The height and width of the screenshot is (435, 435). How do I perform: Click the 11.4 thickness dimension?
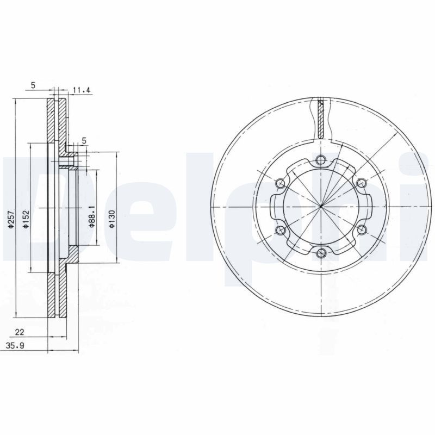click(x=81, y=90)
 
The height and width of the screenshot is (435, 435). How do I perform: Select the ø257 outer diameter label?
click(x=10, y=219)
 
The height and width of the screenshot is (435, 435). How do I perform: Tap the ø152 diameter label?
click(x=26, y=219)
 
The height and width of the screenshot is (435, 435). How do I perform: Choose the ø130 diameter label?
click(x=112, y=219)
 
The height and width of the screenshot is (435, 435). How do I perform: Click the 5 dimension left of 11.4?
click(x=33, y=85)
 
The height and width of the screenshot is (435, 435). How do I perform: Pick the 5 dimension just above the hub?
click(x=84, y=141)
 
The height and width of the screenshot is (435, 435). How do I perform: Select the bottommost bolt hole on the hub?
click(x=321, y=252)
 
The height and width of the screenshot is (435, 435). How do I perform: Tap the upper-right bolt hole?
click(x=361, y=183)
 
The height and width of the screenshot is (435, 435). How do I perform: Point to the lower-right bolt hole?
click(x=361, y=229)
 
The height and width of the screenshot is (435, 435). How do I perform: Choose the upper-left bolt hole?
click(x=281, y=183)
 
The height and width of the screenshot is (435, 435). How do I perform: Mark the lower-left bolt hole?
click(x=281, y=231)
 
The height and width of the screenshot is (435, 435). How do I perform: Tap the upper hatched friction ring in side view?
click(x=58, y=122)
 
